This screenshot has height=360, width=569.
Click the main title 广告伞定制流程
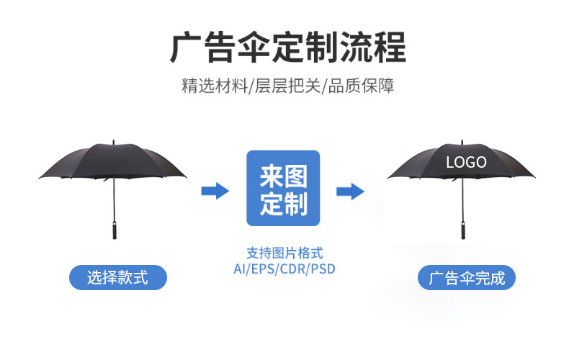288,48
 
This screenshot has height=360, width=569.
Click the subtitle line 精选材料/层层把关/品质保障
288,86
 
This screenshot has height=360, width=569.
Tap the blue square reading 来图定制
283,188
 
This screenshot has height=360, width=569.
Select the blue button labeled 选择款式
118,278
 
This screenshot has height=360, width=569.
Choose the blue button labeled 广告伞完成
467,278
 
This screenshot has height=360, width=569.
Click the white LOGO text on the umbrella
466,162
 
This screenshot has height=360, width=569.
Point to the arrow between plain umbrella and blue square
215,191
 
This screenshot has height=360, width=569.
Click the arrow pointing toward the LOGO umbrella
350,192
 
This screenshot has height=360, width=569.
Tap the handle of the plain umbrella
115,230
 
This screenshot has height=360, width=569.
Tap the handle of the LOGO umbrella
463,230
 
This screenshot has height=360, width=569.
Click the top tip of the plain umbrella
114,140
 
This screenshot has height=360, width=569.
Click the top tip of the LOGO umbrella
462,140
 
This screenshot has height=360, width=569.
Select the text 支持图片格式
284,253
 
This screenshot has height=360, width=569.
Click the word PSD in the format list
323,269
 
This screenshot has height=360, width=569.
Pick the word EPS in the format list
263,269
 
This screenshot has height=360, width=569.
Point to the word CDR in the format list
293,269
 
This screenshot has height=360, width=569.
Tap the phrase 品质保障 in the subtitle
361,86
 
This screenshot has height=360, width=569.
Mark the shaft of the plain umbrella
114,199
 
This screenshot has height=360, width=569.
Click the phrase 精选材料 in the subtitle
215,86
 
